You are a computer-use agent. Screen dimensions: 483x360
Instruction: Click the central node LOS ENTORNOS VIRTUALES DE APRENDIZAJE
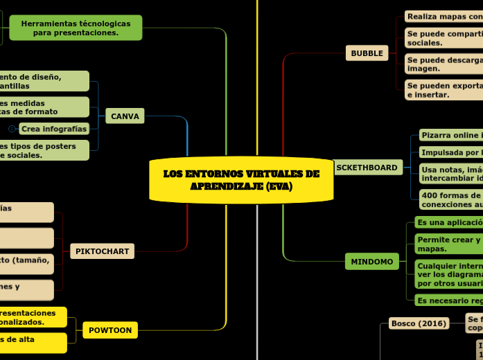241,180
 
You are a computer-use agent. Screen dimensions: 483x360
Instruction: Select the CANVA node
125,116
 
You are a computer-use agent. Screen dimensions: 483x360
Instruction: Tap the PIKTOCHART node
102,251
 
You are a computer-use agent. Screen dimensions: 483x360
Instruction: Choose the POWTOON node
110,330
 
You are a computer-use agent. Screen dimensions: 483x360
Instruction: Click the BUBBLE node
367,53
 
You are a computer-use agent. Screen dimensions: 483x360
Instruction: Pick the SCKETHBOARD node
367,168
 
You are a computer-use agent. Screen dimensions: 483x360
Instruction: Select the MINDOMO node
371,262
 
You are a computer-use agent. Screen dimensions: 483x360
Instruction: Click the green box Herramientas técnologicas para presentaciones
76,28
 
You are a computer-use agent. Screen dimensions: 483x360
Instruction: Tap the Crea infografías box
54,129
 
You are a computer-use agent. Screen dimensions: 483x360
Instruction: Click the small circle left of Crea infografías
12,129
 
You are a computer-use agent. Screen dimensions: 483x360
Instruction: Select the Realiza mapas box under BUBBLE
444,17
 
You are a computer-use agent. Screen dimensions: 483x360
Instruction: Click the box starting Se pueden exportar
444,91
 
